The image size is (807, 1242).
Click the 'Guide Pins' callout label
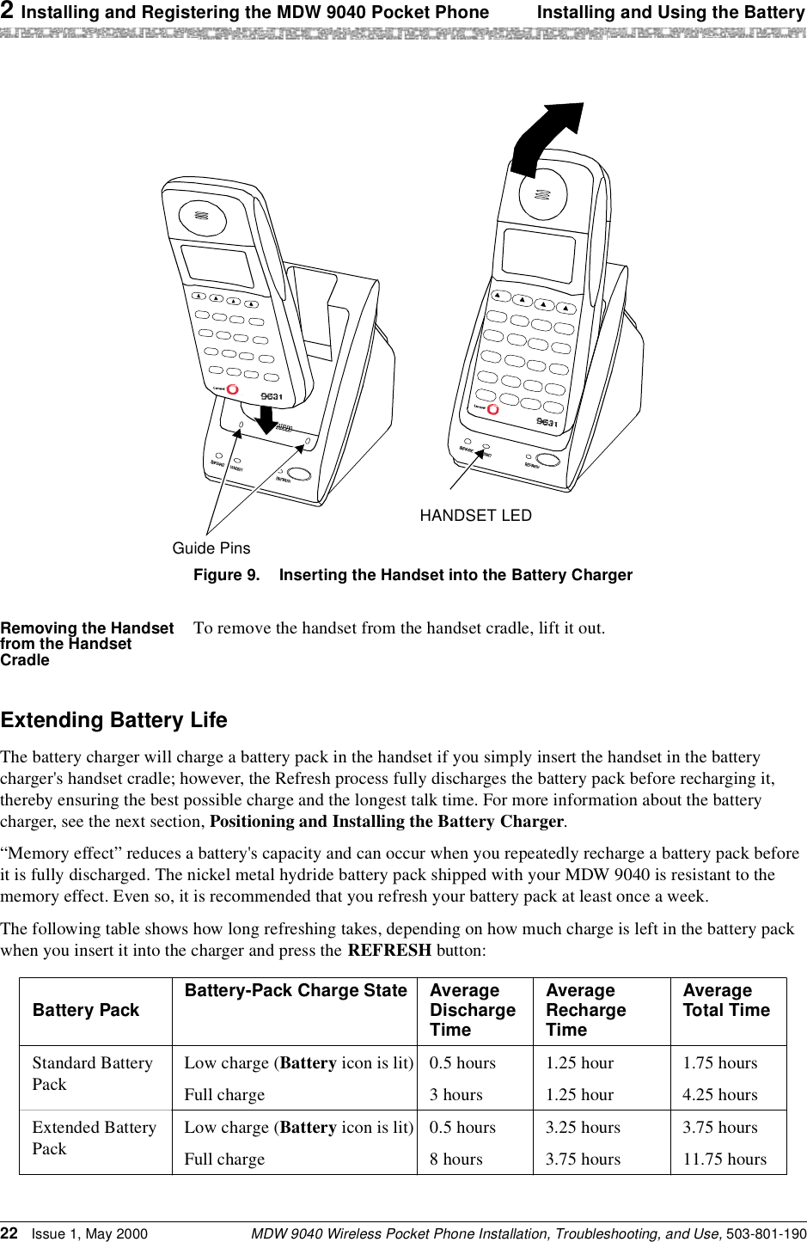click(x=211, y=548)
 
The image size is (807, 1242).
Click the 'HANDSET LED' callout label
click(x=475, y=516)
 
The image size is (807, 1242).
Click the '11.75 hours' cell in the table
click(x=724, y=1159)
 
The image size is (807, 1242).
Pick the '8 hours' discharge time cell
click(x=455, y=1159)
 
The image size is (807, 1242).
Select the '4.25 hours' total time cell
click(x=720, y=1094)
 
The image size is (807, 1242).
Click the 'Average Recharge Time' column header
click(x=586, y=1010)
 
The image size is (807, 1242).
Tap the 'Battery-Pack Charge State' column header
click(x=296, y=990)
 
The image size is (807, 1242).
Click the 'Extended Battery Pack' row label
click(x=95, y=1137)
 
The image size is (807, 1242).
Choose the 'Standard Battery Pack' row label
click(x=93, y=1073)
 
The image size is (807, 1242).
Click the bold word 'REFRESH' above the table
click(x=389, y=951)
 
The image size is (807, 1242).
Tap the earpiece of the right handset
click(x=541, y=193)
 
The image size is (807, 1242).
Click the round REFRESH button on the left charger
click(x=299, y=474)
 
